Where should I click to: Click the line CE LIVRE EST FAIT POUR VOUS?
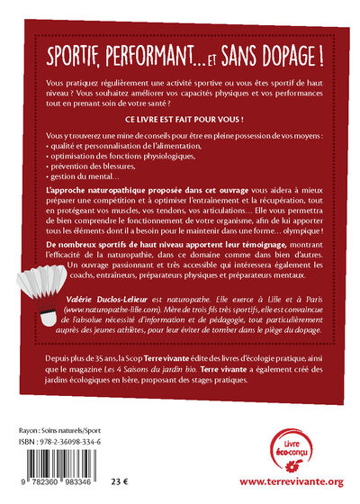click(179, 119)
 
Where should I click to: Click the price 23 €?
click(132, 481)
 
